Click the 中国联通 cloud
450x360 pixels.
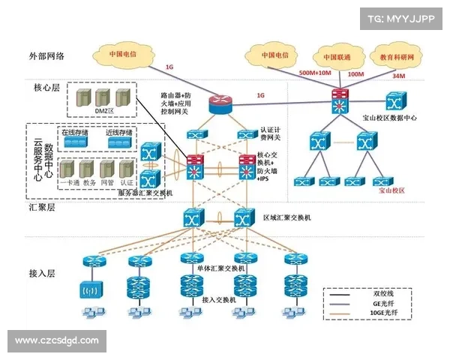pos(337,56)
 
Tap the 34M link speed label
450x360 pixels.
pos(398,76)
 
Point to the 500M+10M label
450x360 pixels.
pos(315,73)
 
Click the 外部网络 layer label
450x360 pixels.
pos(46,55)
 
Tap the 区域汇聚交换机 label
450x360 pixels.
pos(286,217)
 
